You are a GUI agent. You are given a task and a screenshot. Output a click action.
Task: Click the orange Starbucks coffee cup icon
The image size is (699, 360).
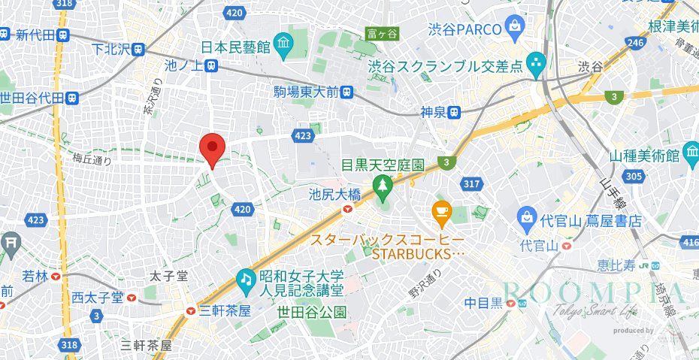[441, 215]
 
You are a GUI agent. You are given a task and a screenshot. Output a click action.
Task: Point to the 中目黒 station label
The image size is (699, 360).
[486, 304]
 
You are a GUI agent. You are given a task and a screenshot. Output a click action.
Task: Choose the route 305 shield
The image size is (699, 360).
[634, 177]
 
